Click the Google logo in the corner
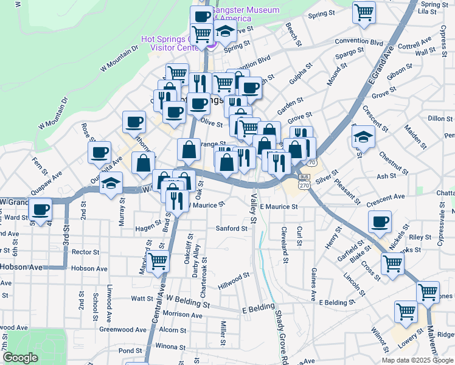(20, 358)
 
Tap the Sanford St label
(232, 229)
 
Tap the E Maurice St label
(279, 207)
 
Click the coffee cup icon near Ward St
(41, 210)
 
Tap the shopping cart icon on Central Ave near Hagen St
(158, 262)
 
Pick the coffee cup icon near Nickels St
(380, 221)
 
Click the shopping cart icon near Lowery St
(406, 311)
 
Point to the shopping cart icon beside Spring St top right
(364, 12)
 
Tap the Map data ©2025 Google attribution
(418, 360)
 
